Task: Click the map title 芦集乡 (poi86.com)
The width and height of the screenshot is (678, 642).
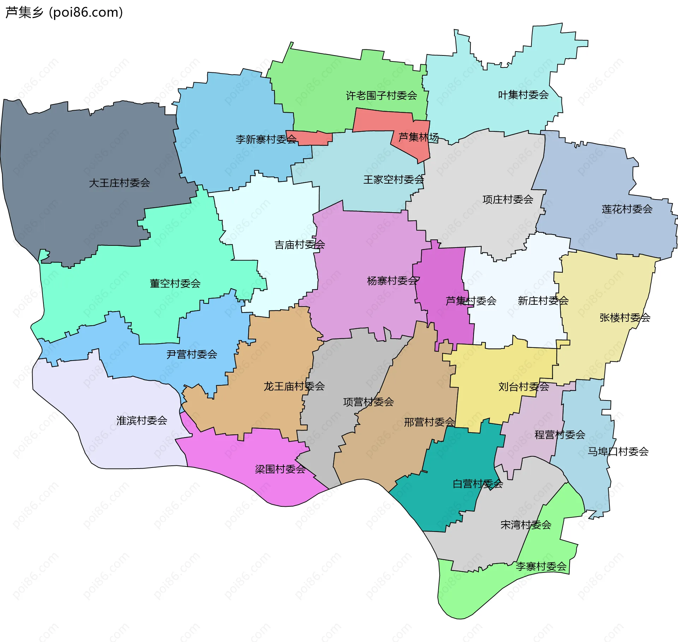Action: [x=64, y=12]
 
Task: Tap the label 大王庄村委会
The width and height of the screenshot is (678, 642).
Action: [x=119, y=183]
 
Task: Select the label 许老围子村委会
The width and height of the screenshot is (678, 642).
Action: [x=381, y=95]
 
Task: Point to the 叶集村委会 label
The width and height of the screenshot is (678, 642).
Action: [x=523, y=95]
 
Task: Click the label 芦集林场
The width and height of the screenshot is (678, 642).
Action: [x=418, y=137]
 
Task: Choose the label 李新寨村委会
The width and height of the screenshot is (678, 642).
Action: [x=266, y=139]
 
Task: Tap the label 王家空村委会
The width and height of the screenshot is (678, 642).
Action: [x=394, y=179]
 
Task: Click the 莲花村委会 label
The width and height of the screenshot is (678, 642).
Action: [x=627, y=209]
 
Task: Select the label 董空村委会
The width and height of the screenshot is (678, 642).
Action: [x=175, y=283]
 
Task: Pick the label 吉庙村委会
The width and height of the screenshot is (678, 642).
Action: [x=299, y=244]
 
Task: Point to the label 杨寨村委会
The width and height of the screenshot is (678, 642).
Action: [x=393, y=281]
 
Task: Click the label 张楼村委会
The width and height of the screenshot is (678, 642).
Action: [x=625, y=317]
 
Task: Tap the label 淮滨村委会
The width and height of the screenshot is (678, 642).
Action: [x=142, y=420]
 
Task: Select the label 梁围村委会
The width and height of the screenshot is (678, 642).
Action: [x=280, y=469]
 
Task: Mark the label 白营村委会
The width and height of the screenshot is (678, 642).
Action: [x=477, y=484]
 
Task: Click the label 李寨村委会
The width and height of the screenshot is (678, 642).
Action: [x=541, y=566]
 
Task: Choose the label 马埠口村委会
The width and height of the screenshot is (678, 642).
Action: [x=618, y=451]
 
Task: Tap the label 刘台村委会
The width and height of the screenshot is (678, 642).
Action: [x=523, y=387]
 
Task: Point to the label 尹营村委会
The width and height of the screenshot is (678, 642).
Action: [x=192, y=354]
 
